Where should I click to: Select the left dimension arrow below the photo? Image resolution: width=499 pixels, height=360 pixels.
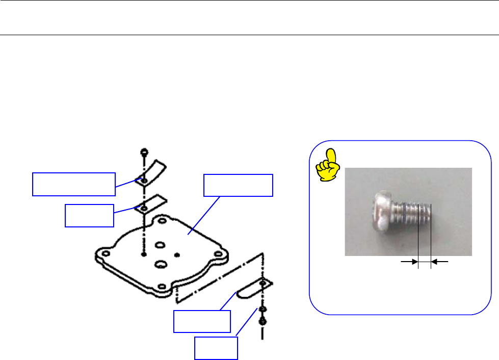408,262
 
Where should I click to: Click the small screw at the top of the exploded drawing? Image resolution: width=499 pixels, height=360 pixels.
144,151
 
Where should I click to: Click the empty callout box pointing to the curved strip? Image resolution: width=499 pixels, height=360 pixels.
73,184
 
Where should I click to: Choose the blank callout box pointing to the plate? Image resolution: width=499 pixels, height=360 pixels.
238,186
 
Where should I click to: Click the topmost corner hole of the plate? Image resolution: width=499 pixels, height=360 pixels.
162,221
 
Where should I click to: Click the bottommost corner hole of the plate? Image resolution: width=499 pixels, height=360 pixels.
162,286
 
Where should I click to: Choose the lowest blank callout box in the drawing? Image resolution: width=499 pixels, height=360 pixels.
216,347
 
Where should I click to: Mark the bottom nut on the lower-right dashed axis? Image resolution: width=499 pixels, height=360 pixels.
262,321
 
